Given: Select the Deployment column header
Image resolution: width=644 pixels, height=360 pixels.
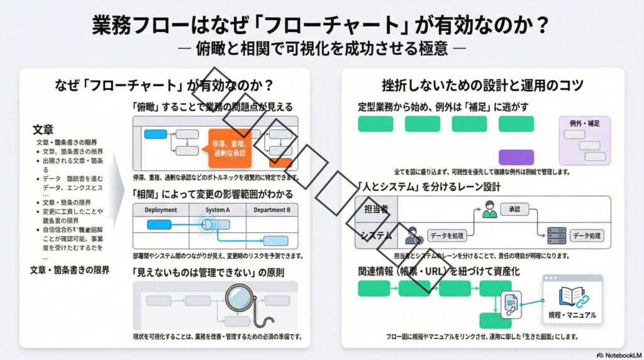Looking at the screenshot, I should tap(161, 210).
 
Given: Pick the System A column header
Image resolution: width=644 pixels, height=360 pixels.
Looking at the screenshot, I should tap(217, 210).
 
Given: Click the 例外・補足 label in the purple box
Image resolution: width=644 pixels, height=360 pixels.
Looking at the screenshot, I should tap(584, 124).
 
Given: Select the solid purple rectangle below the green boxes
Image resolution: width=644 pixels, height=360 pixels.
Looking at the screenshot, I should tap(516, 157).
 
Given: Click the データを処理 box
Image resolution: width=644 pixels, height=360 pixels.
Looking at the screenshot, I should tap(446, 236).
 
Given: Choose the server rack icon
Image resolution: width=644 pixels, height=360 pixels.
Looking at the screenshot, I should tap(557, 235).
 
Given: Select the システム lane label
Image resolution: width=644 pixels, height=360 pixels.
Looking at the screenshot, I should tap(375, 236).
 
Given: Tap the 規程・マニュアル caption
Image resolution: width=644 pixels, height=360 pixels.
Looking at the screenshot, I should tap(572, 315).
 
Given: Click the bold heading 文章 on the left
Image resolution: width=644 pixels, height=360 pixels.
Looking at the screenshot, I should tap(43, 130).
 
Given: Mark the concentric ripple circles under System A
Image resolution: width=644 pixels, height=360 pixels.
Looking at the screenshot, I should tap(207, 224).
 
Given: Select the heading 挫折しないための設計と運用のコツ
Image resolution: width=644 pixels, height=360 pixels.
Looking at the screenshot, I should tap(482, 85).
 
